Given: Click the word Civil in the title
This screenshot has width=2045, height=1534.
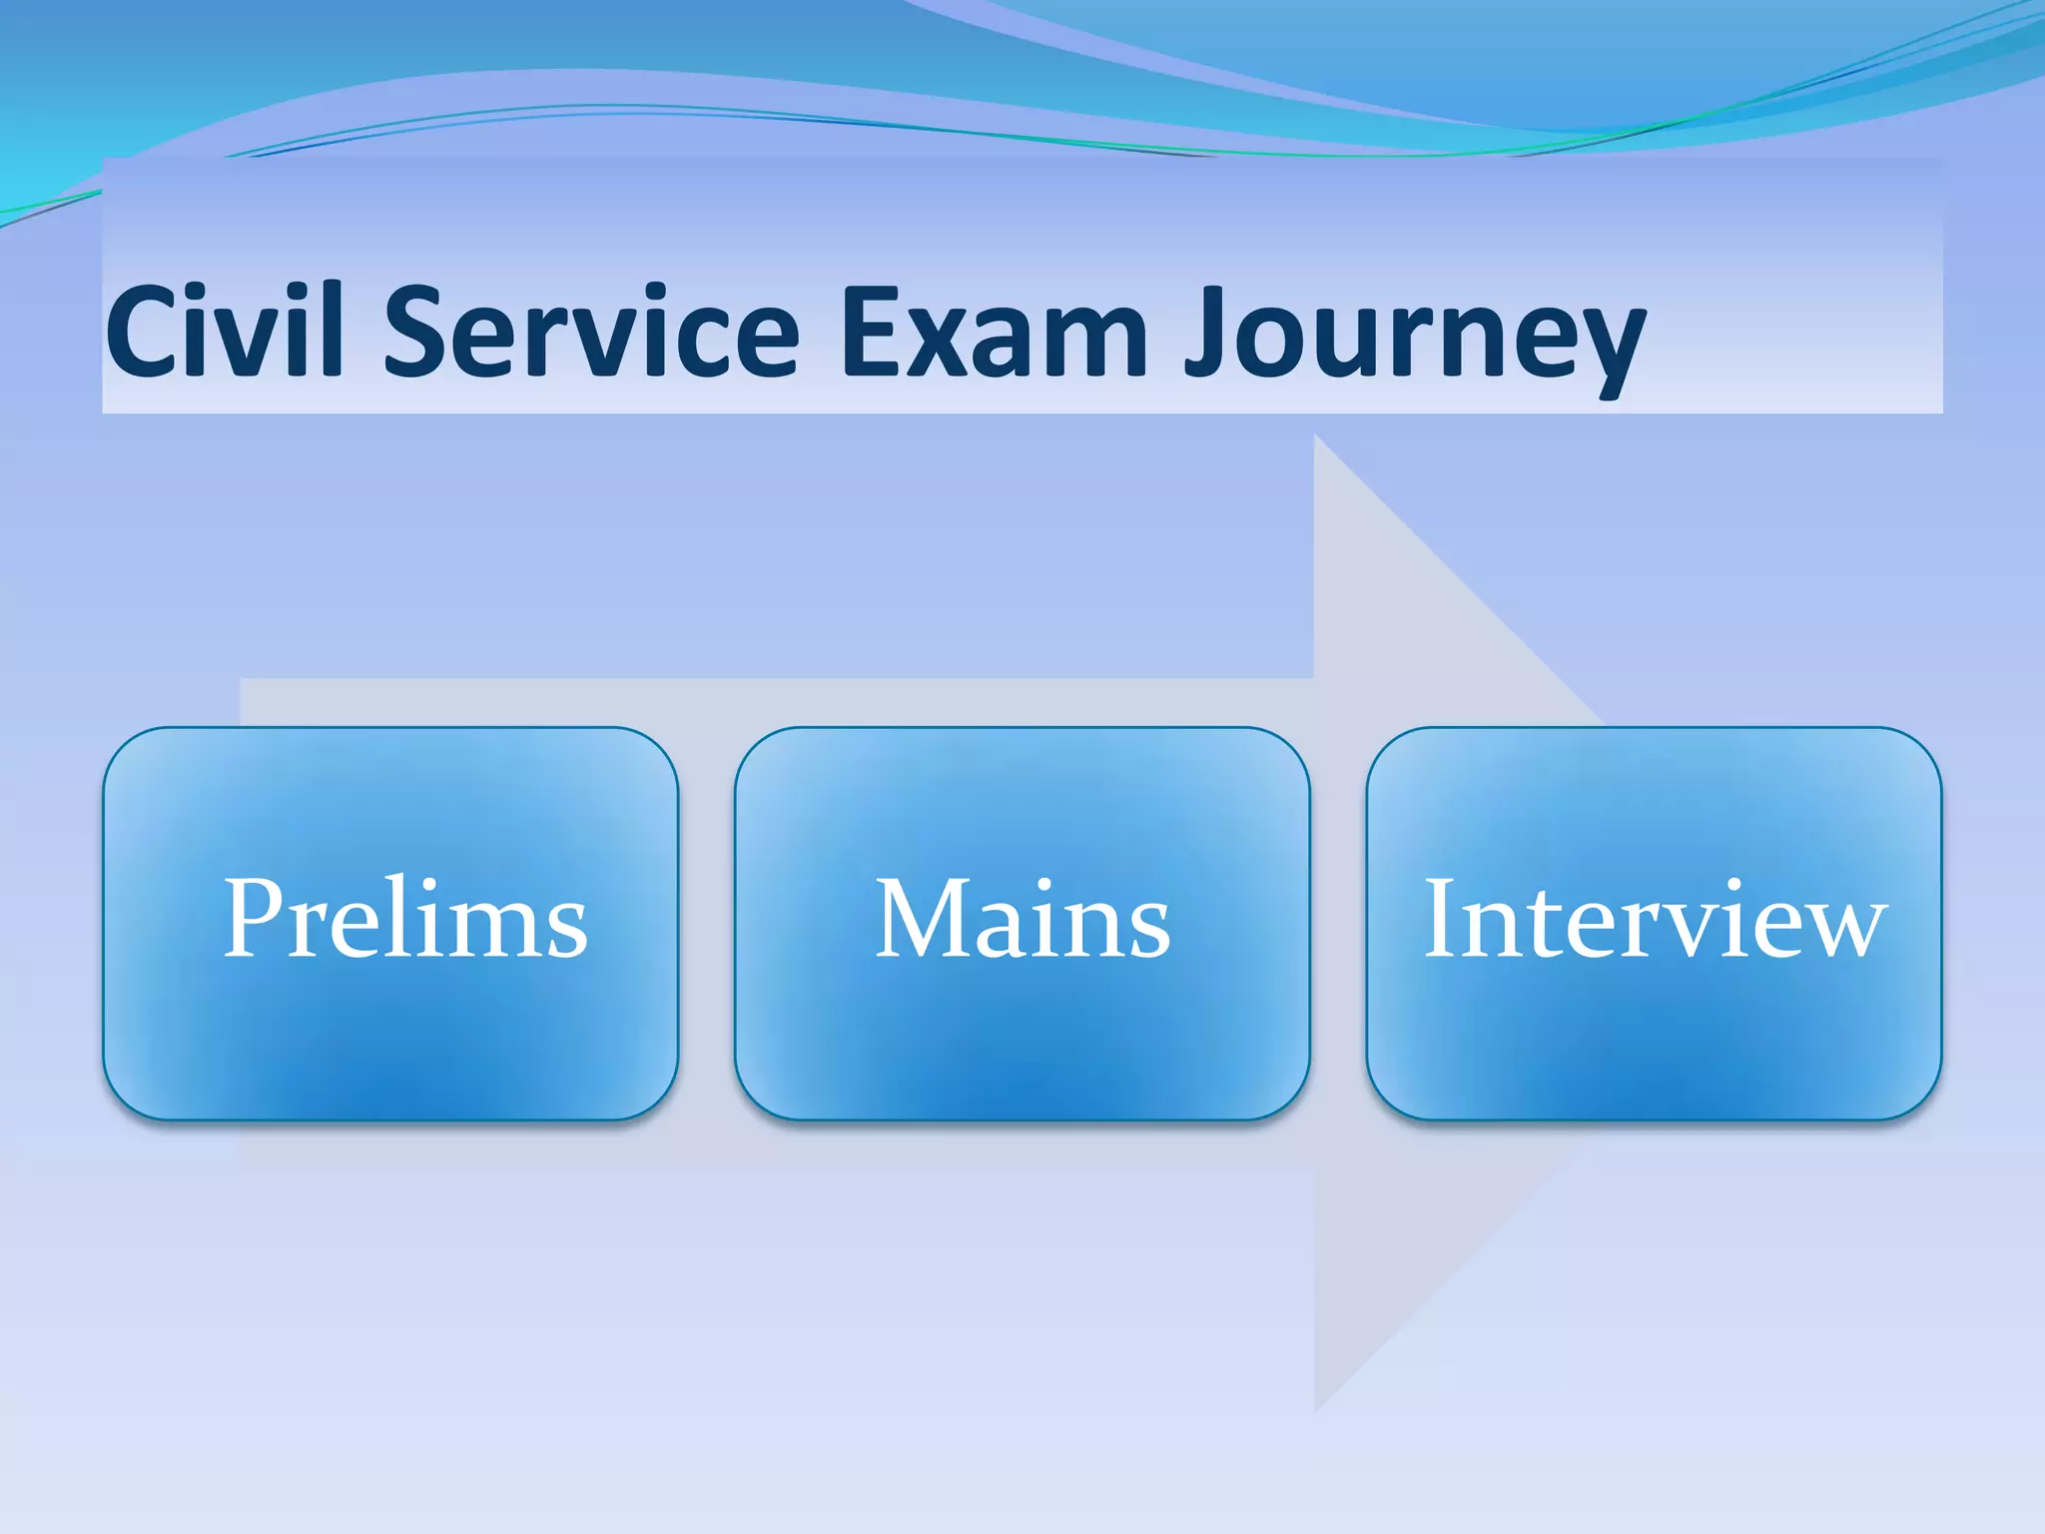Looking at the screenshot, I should (x=225, y=332).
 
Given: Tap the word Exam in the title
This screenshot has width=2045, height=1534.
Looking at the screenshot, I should (x=995, y=332).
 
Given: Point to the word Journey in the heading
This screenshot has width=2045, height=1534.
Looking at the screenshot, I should (x=1414, y=335).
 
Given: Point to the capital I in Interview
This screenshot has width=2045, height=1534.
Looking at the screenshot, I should (x=1441, y=919).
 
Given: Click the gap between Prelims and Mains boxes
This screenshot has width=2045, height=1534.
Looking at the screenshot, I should (x=707, y=924).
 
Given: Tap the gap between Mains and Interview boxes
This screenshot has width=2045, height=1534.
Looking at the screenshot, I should (x=1338, y=924).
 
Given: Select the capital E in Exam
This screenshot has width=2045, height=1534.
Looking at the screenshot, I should (x=871, y=332).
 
